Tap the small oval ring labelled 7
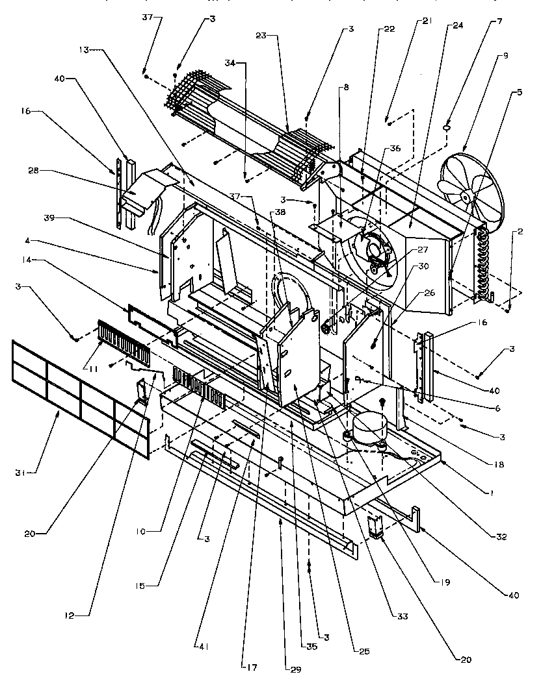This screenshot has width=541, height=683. pyautogui.click(x=447, y=129)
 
